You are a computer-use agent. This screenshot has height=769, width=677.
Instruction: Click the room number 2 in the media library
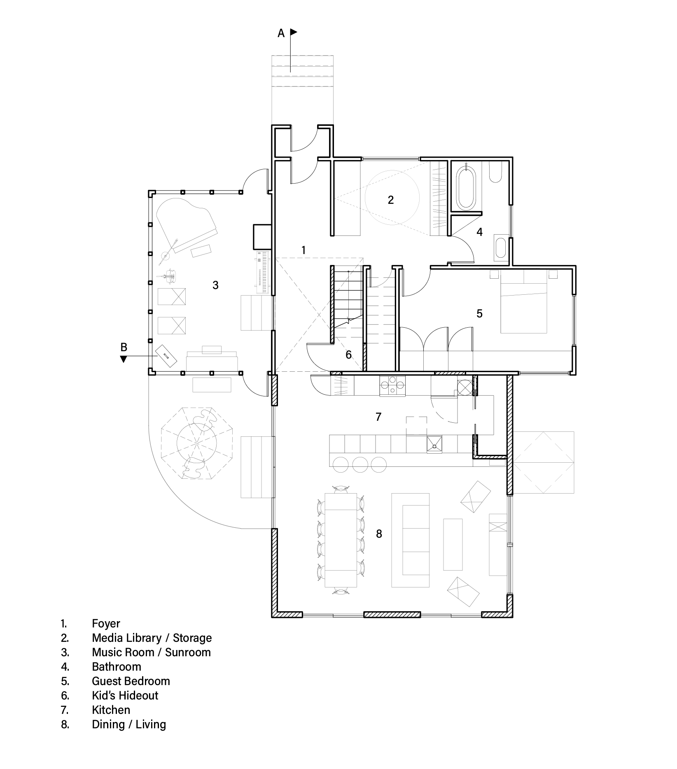pos(390,200)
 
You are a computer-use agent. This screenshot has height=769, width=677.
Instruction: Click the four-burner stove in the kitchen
pos(392,387)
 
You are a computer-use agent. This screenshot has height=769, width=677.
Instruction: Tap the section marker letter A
pos(281,33)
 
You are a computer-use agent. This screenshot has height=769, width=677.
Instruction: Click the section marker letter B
pos(124,347)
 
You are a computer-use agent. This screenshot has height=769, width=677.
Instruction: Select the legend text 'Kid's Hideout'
pos(125,695)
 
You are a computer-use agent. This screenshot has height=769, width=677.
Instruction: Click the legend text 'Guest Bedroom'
pos(131,681)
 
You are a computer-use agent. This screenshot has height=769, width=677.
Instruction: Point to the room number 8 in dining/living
pos(379,534)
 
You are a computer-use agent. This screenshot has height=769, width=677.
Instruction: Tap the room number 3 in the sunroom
pos(215,285)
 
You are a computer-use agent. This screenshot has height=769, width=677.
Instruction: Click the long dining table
pos(341,540)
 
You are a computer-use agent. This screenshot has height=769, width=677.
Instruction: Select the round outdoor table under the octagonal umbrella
pos(197,444)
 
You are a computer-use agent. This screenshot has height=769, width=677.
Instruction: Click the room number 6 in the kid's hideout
pos(348,354)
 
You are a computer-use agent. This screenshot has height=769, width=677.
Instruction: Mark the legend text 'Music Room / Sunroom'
pos(151,652)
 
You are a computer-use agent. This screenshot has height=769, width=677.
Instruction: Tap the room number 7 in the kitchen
pos(378,417)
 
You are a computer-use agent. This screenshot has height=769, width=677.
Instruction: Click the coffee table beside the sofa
pos(453,544)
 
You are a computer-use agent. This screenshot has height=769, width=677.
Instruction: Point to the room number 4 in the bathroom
pos(479,232)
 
